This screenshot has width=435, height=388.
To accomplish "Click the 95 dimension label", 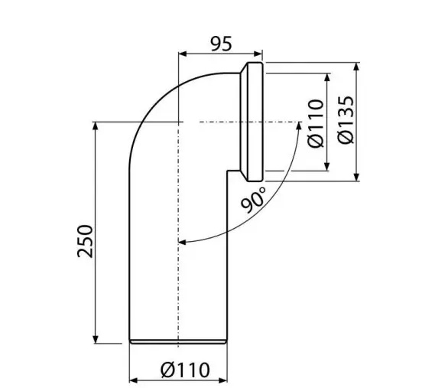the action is tap(221, 44).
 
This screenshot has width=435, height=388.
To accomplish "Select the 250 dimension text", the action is tap(85, 241).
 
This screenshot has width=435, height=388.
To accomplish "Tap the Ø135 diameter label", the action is tap(346, 120).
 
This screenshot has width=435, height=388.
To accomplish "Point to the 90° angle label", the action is tap(253, 200).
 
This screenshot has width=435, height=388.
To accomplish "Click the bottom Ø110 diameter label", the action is tap(185, 370).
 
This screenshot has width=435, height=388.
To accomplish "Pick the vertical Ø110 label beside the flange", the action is tap(316, 123).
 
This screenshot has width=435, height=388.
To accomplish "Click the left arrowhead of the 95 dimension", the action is tap(182, 54).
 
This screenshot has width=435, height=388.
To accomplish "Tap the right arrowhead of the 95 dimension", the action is tap(258, 54).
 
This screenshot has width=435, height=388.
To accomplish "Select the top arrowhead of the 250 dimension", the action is tap(96, 126).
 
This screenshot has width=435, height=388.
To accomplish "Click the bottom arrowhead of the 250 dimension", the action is tap(96, 339).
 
